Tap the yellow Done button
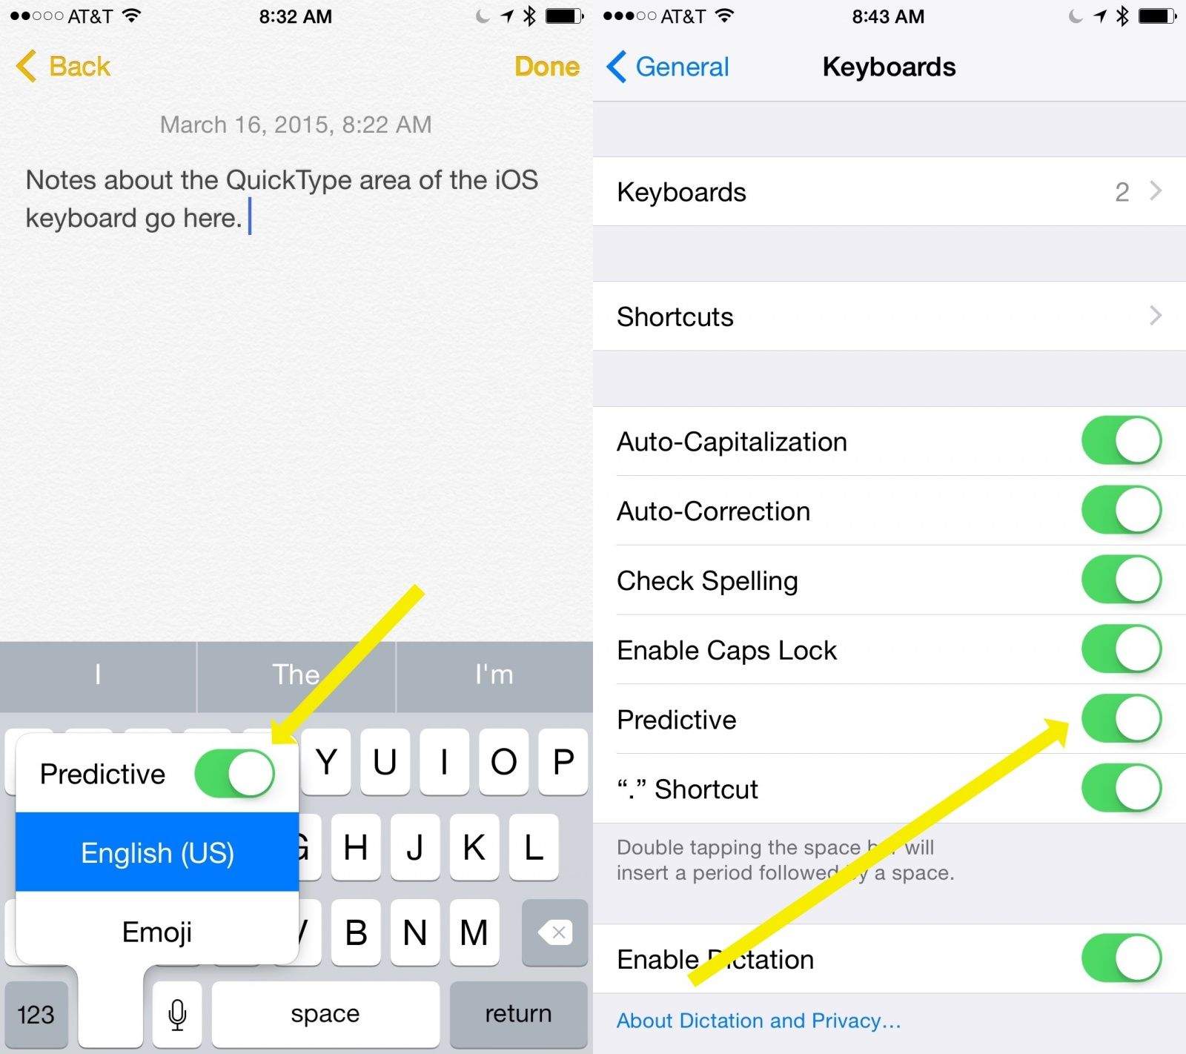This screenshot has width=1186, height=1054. pyautogui.click(x=547, y=67)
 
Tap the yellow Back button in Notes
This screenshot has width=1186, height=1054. pyautogui.click(x=63, y=67)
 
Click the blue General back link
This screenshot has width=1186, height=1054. pyautogui.click(x=668, y=67)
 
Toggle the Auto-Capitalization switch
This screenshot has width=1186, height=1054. pyautogui.click(x=1122, y=440)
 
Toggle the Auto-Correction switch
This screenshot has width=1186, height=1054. pyautogui.click(x=1122, y=510)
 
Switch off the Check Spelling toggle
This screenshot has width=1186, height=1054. pyautogui.click(x=1122, y=580)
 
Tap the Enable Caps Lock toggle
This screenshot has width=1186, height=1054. pyautogui.click(x=1122, y=649)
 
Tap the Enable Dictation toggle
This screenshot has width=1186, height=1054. pyautogui.click(x=1122, y=958)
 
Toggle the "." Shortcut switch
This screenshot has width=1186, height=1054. pyautogui.click(x=1122, y=788)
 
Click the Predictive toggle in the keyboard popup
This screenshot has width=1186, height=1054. pyautogui.click(x=234, y=773)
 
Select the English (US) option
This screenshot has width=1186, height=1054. pyautogui.click(x=157, y=852)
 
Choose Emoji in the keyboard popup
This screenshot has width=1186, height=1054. pyautogui.click(x=157, y=932)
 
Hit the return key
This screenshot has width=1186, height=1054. pyautogui.click(x=518, y=1014)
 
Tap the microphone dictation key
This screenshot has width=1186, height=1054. pyautogui.click(x=177, y=1014)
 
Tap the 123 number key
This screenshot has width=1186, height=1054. pyautogui.click(x=36, y=1014)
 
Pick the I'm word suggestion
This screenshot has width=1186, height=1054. pyautogui.click(x=494, y=675)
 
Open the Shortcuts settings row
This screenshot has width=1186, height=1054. pyautogui.click(x=889, y=316)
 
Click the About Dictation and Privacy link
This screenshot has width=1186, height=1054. pyautogui.click(x=758, y=1021)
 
